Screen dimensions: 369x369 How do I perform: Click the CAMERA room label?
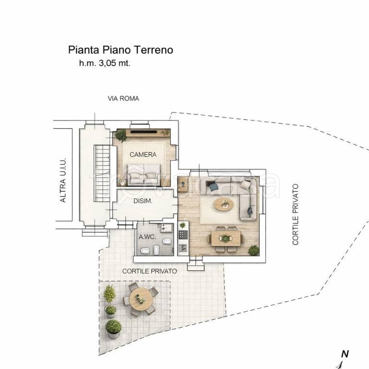click(x=143, y=155)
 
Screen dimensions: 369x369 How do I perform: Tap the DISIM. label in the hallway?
click(x=143, y=201)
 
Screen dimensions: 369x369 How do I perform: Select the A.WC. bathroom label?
click(x=148, y=237)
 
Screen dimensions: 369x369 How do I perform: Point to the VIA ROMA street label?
click(x=123, y=98)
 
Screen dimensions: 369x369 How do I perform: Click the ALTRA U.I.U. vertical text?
click(x=62, y=180)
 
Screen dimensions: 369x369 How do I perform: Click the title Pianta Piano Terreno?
click(x=121, y=50)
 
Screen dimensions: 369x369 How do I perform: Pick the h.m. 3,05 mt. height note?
click(x=105, y=63)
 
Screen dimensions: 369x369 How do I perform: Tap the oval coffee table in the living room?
click(x=224, y=204)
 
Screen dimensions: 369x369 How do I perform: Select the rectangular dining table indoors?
click(x=226, y=238)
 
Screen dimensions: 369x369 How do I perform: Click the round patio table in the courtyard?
click(x=141, y=299)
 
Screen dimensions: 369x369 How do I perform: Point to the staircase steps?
click(x=102, y=173)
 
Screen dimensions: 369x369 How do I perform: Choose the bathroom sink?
click(x=167, y=228)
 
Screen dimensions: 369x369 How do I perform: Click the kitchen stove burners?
click(x=183, y=234)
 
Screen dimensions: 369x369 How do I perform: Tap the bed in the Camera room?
click(x=143, y=174)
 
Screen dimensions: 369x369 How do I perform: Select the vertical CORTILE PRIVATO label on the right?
click(x=295, y=214)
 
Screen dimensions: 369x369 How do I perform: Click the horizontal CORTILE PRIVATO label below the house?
click(x=149, y=271)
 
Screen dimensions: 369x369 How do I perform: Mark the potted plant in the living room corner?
click(x=254, y=250)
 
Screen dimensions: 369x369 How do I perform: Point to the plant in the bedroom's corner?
click(x=121, y=135)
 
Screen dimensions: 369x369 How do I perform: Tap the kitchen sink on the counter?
click(x=183, y=247)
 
